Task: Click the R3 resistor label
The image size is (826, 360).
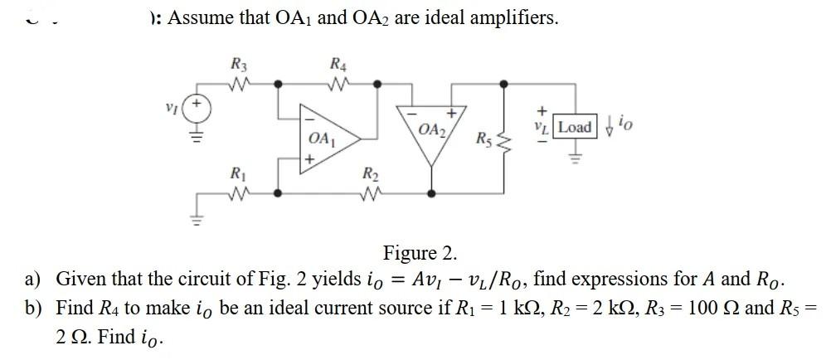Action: pyautogui.click(x=238, y=63)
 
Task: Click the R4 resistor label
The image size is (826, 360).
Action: pyautogui.click(x=338, y=63)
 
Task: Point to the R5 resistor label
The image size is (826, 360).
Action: pyautogui.click(x=484, y=138)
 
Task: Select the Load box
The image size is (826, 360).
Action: pyautogui.click(x=575, y=127)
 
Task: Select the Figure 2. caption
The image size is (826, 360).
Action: pyautogui.click(x=419, y=252)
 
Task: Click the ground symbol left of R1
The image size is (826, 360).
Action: pyautogui.click(x=197, y=217)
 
